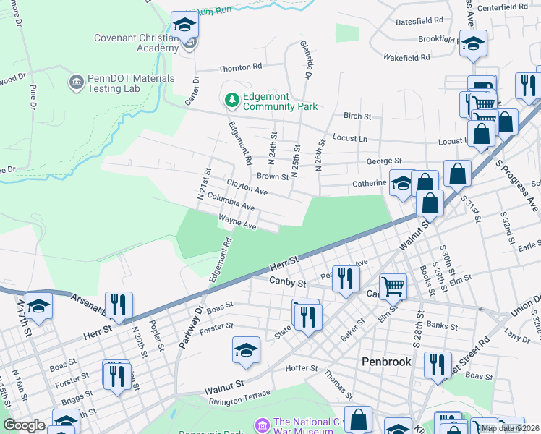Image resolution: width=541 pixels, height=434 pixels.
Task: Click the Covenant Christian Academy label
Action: point(136,43)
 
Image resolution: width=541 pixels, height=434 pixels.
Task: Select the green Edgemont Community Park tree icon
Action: point(232,101)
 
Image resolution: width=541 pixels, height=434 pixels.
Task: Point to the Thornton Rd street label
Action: point(240,67)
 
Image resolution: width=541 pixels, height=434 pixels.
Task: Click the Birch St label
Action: point(357,116)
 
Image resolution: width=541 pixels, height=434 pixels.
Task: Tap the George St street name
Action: point(383,161)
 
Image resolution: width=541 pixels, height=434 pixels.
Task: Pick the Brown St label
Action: point(273,176)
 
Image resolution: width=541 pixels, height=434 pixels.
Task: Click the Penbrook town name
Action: point(386,361)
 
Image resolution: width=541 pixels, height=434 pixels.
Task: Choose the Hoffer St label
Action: point(304,367)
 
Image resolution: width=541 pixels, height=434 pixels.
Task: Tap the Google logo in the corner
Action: point(24,425)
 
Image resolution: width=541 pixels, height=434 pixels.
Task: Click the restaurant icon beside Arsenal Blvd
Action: point(118,305)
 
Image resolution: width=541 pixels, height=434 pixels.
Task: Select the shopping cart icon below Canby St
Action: point(392,286)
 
